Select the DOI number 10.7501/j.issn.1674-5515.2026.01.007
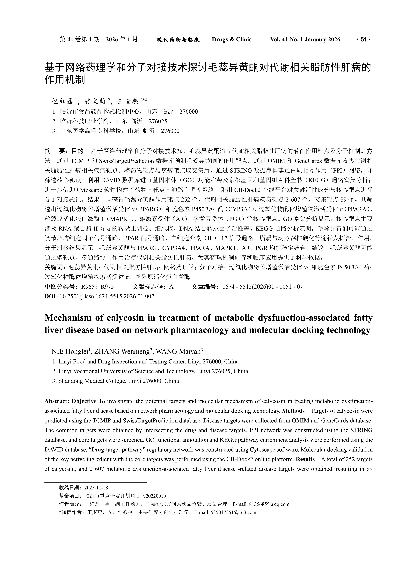point(107,296)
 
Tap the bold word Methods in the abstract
point(293,411)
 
